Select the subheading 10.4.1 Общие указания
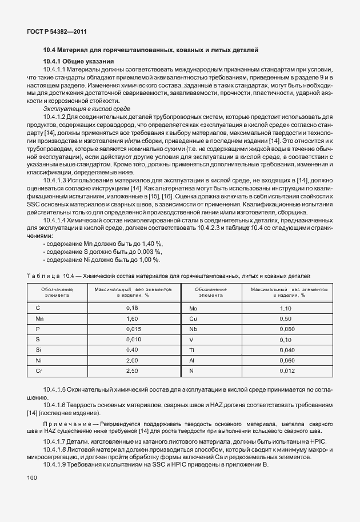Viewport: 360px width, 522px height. click(x=79, y=61)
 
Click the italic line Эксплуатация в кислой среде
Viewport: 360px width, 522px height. click(x=86, y=108)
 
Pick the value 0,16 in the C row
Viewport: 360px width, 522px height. click(x=133, y=308)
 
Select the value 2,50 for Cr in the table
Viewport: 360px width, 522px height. click(x=133, y=371)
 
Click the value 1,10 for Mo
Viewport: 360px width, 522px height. click(x=286, y=308)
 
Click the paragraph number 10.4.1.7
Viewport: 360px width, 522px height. click(x=60, y=443)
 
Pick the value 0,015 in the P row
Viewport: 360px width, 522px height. click(x=133, y=329)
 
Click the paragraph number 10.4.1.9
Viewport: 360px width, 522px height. click(x=60, y=465)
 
